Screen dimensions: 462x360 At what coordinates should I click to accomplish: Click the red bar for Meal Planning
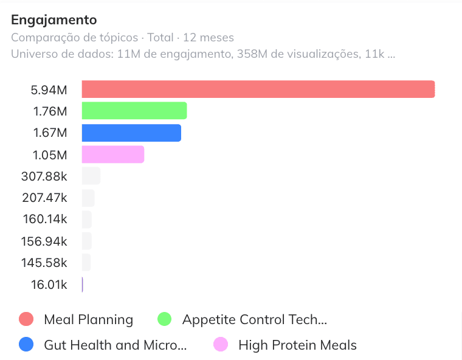[x=258, y=89]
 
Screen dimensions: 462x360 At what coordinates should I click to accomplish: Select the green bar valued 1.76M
[x=134, y=111]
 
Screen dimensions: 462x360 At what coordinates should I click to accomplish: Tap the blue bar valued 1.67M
[x=131, y=133]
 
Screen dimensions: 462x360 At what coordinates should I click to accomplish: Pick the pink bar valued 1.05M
[x=113, y=154]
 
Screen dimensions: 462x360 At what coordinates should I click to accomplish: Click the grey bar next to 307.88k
[x=91, y=176]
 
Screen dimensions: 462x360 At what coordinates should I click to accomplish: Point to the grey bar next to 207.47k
[x=88, y=198]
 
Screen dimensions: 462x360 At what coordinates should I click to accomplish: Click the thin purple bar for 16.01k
[x=83, y=285]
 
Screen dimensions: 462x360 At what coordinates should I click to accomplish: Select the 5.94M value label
[x=49, y=90]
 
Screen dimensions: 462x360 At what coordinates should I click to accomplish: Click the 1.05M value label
[x=50, y=155]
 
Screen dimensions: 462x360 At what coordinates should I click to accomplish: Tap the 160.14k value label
[x=45, y=219]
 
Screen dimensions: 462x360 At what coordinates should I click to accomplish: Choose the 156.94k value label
[x=44, y=241]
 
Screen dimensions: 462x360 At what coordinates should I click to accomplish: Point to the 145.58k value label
[x=44, y=263]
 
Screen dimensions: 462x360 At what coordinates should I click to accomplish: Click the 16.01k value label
[x=49, y=285]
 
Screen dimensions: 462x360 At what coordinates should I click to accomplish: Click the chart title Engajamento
[x=54, y=20]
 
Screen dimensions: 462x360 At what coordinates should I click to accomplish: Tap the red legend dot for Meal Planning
[x=26, y=319]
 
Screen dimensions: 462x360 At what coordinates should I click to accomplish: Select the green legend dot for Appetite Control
[x=164, y=319]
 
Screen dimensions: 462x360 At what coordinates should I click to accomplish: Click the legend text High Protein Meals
[x=298, y=345]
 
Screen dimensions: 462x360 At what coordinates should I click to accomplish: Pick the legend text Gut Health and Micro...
[x=115, y=345]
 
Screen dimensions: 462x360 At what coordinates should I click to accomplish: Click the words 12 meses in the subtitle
[x=209, y=38]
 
